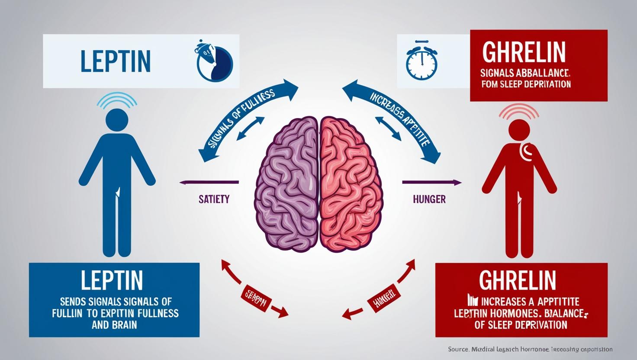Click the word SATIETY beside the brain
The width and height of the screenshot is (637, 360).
214,199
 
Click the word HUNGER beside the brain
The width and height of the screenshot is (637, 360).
429,199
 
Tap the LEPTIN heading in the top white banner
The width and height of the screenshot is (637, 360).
116,61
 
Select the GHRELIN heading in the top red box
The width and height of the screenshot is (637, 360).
524,52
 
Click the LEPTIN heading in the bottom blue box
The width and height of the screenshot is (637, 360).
112,280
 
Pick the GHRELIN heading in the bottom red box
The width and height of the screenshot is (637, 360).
518,280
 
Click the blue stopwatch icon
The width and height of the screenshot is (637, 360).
421,62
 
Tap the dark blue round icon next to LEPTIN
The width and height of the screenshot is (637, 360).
214,61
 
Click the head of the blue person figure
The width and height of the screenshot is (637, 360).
117,121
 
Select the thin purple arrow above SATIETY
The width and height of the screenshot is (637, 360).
209,182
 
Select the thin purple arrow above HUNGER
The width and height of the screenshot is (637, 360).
431,182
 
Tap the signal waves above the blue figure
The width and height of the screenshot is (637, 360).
117,100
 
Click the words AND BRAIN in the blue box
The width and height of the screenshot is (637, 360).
114,324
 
